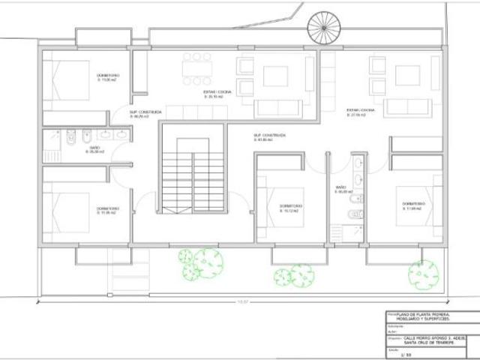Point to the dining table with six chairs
(196, 68)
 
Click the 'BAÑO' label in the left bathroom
(95, 148)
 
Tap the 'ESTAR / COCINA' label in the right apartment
(355, 110)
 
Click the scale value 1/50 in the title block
(409, 352)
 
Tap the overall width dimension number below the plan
(242, 302)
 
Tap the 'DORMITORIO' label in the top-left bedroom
(107, 76)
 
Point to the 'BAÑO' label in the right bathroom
(340, 187)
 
